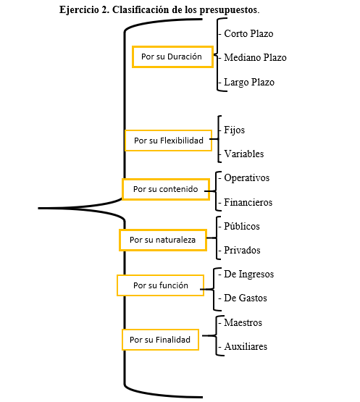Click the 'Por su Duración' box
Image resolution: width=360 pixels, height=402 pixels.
point(172,56)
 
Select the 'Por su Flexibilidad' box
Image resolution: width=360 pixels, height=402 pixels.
point(168,141)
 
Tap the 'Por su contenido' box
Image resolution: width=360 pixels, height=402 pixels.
point(166,189)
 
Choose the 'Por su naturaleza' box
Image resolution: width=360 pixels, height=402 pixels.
point(163,240)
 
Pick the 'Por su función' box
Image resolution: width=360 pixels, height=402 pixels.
point(161,285)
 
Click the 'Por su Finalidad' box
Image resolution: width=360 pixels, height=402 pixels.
point(160,340)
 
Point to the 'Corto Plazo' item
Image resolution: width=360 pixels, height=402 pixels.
point(248,33)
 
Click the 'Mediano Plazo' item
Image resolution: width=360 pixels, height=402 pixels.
point(255,57)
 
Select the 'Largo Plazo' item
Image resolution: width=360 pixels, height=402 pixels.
point(249,83)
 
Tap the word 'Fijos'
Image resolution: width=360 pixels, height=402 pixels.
point(235,130)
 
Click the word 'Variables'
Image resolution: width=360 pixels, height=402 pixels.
point(244,154)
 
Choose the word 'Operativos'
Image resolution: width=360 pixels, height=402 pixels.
point(247,178)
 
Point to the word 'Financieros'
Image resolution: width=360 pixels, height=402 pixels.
point(248,202)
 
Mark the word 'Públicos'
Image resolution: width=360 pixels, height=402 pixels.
point(242,226)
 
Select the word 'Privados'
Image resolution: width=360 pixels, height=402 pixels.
point(242,250)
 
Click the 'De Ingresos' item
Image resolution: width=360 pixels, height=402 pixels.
point(248,275)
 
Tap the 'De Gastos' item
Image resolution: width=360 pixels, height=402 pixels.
point(246,298)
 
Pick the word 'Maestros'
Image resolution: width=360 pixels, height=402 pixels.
point(243,322)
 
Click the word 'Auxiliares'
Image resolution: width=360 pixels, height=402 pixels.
point(246,347)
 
